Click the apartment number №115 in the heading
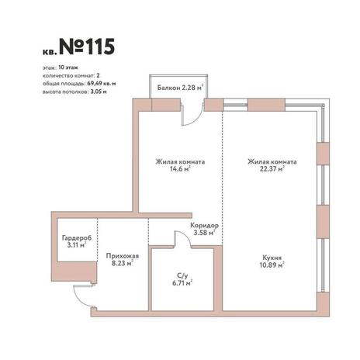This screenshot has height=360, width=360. pos(87,47)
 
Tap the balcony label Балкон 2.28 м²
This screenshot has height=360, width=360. pos(180,88)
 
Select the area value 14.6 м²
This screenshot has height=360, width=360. pos(180,169)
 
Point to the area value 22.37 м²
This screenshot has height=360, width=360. pos(272,169)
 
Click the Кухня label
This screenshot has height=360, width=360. pos(272,258)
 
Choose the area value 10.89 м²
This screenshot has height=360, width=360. pos(272,265)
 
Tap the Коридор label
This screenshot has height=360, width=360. pos(204,225)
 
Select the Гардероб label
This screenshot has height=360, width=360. pos(77,237)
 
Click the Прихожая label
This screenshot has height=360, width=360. pos(123,256)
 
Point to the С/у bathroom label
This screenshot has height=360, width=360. pos(182,275)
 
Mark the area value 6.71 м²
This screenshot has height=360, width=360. pos(182,283)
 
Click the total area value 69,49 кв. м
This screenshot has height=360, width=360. pos(102,84)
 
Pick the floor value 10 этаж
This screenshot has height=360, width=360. pos(68,67)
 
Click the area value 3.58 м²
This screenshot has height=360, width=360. pos(204,233)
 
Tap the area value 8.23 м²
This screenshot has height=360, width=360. pos(122,263)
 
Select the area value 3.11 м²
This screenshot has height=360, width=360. pos(77,245)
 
